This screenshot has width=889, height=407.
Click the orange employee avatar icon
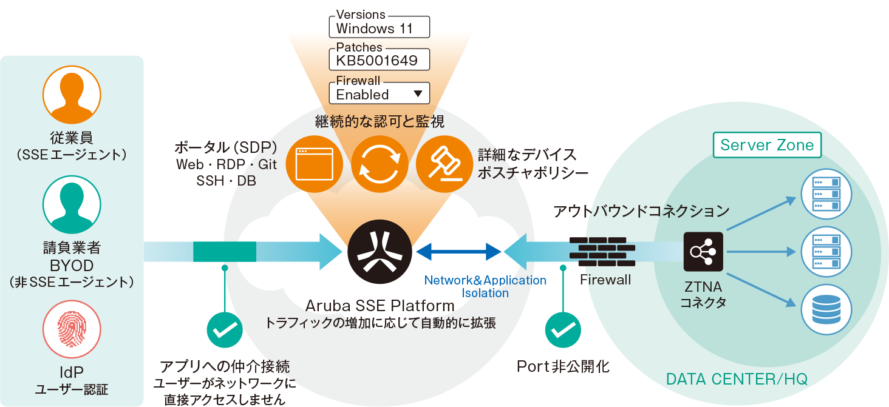(x=72, y=95)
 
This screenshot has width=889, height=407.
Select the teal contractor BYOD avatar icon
(x=72, y=204)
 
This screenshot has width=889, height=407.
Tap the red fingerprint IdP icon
(x=72, y=329)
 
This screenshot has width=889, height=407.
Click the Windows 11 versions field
(x=379, y=27)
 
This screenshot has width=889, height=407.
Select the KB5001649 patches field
(x=379, y=60)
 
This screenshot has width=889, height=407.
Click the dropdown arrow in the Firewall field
(x=417, y=94)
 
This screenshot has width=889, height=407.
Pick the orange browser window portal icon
(x=315, y=164)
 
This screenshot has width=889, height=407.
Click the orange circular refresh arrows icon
(x=380, y=164)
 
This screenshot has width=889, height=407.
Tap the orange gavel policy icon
(x=444, y=164)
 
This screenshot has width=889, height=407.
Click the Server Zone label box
(x=767, y=146)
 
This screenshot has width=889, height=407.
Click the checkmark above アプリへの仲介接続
(x=225, y=330)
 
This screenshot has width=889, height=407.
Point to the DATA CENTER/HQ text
(x=737, y=380)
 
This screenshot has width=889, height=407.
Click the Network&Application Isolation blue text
(x=485, y=286)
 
